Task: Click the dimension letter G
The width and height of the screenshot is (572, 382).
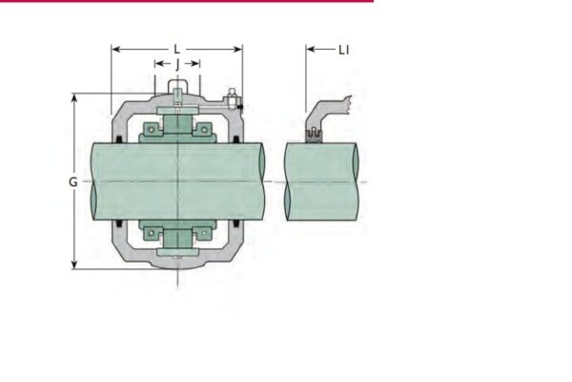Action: [72, 181]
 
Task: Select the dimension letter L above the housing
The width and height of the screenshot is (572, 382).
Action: [176, 48]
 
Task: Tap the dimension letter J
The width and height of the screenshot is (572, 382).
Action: [177, 65]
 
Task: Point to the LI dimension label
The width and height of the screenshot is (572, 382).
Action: [343, 49]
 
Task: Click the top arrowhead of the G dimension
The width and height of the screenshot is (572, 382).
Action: [74, 97]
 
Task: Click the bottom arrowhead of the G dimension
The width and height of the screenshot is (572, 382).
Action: [74, 265]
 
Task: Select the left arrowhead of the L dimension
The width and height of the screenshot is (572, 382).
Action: [116, 48]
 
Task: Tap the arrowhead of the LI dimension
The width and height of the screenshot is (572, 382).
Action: [311, 49]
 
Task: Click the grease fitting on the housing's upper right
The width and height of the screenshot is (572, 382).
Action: [232, 96]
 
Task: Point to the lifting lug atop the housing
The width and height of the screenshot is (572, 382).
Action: [177, 92]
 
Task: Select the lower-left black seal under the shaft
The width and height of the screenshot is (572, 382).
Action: [118, 225]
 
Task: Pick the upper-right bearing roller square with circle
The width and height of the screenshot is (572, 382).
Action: [202, 128]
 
